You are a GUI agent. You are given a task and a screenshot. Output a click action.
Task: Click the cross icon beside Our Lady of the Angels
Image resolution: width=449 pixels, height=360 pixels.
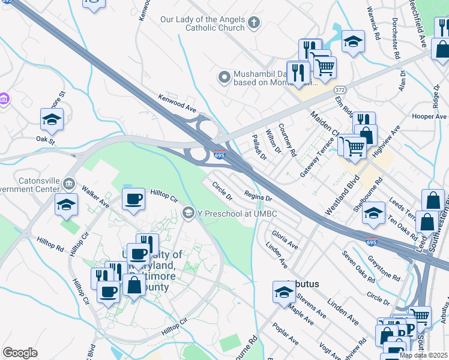[254, 23]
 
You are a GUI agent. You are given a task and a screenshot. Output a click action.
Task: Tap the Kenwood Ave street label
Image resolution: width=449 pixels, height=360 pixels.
[177, 103]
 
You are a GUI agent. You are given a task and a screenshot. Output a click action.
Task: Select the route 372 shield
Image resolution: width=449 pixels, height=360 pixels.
[340, 89]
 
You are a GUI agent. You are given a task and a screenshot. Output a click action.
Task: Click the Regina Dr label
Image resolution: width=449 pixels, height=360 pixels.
[259, 195]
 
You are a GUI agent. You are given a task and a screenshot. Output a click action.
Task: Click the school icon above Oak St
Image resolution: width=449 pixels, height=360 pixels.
[52, 119]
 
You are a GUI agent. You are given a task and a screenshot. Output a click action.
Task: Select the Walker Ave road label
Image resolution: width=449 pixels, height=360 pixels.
[95, 196]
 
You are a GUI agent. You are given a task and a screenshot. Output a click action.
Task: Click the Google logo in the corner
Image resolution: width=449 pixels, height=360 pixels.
[20, 353]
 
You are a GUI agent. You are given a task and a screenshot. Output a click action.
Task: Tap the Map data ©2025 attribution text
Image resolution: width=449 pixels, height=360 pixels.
[423, 355]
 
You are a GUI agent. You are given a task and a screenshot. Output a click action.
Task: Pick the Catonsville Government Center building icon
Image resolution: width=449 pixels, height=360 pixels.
[68, 182]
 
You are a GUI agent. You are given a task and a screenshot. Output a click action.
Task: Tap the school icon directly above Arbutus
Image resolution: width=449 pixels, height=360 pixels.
[285, 291]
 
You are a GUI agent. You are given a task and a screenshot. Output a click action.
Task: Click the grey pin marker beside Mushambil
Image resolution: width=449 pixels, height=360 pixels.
[224, 77]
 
